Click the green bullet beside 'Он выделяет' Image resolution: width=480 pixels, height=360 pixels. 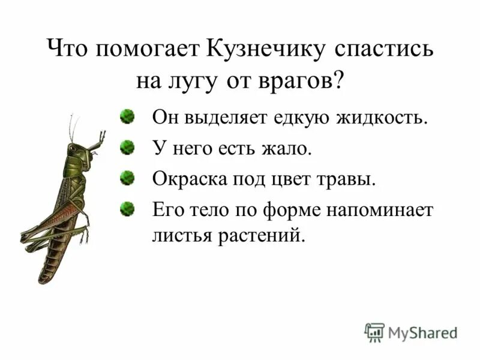pos(126,115)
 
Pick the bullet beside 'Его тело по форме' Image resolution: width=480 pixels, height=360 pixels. pos(126,209)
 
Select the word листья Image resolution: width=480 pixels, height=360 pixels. pos(176,235)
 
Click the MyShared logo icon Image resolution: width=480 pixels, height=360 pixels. pos(374,331)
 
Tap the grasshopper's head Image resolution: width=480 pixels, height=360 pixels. pos(76,150)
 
